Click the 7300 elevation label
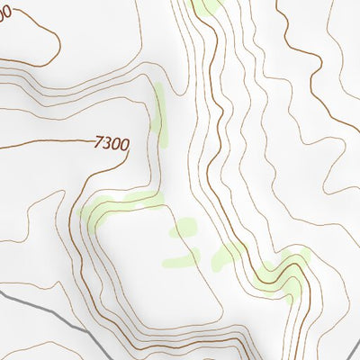[x=112, y=142]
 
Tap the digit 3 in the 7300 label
[x=107, y=142]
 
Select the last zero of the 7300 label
[x=125, y=143]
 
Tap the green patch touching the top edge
[x=209, y=6]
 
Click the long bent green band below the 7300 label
[x=117, y=203]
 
